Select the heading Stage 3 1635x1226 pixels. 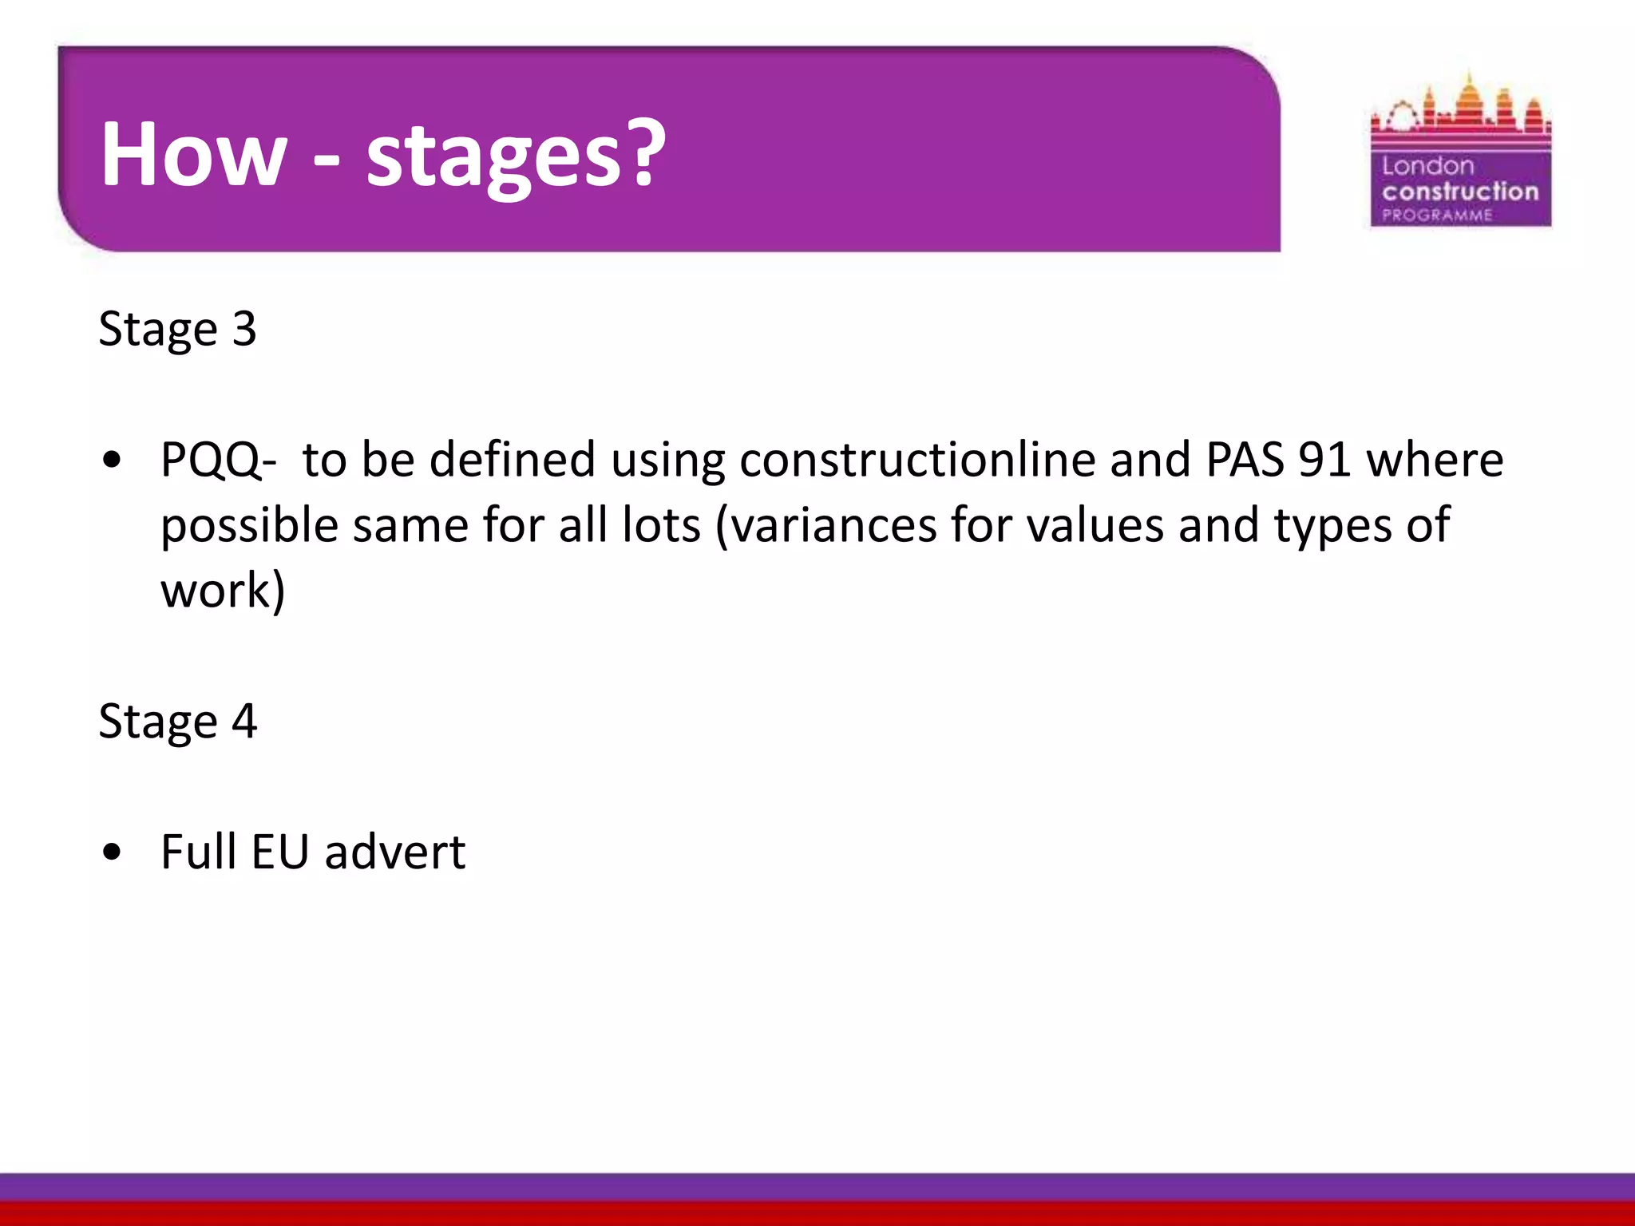point(177,328)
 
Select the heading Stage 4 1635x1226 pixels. point(177,721)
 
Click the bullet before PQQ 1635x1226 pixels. point(113,461)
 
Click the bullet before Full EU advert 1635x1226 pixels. point(113,852)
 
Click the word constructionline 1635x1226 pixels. point(916,461)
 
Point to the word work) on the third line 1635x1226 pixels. point(223,591)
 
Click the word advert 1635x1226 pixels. point(394,852)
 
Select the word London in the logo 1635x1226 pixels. point(1427,166)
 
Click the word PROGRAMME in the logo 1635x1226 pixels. point(1437,215)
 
